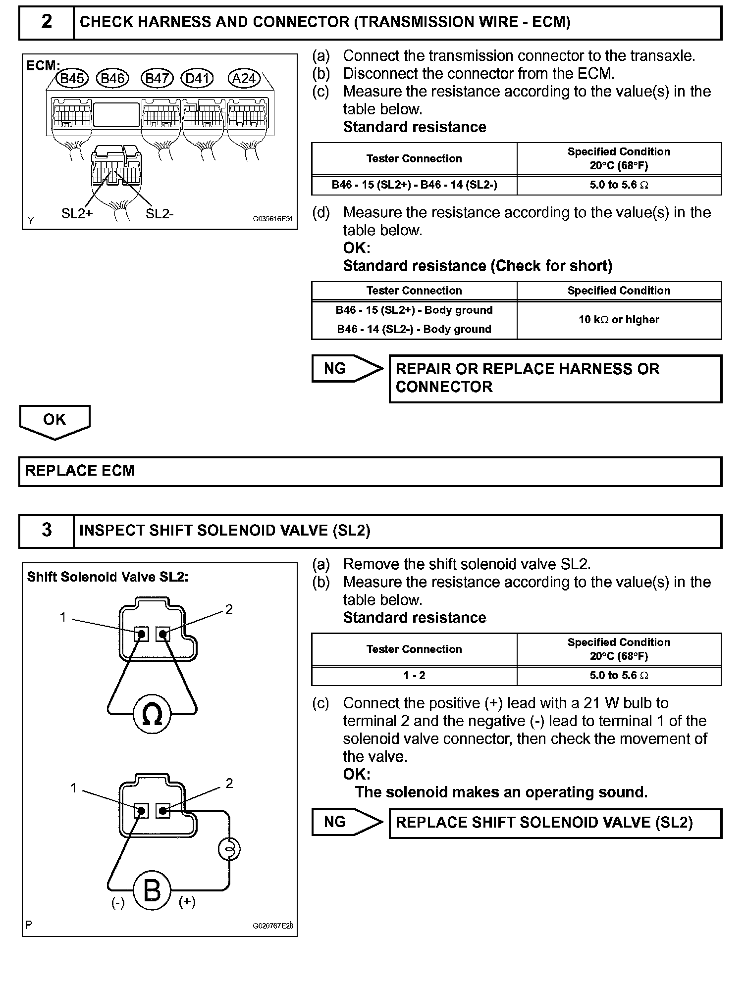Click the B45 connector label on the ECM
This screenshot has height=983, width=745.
pyautogui.click(x=72, y=78)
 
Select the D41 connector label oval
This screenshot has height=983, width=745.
pyautogui.click(x=197, y=78)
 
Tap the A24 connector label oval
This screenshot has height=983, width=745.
pyautogui.click(x=244, y=78)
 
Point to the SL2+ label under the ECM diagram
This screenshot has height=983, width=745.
pyautogui.click(x=77, y=214)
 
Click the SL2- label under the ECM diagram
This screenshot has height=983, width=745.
pyautogui.click(x=160, y=214)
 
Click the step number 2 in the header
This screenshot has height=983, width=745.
pyautogui.click(x=47, y=22)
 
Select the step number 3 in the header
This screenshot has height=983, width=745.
pyautogui.click(x=47, y=531)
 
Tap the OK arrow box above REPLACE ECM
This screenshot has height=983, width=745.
pyautogui.click(x=54, y=421)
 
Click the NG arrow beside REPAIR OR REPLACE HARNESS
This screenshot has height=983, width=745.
pyautogui.click(x=347, y=369)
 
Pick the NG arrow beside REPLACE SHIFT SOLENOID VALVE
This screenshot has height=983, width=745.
pyautogui.click(x=347, y=822)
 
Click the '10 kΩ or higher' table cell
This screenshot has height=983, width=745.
pyautogui.click(x=619, y=320)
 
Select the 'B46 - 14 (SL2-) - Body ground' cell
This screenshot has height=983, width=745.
pyautogui.click(x=414, y=330)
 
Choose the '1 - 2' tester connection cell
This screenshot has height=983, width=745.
pyautogui.click(x=414, y=676)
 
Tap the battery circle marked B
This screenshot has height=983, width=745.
pyautogui.click(x=152, y=891)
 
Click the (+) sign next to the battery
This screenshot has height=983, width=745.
pyautogui.click(x=187, y=902)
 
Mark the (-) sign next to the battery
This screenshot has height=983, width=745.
pyautogui.click(x=118, y=903)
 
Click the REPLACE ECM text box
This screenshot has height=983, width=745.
pyautogui.click(x=370, y=471)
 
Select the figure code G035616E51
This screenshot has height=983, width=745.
pyautogui.click(x=273, y=218)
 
